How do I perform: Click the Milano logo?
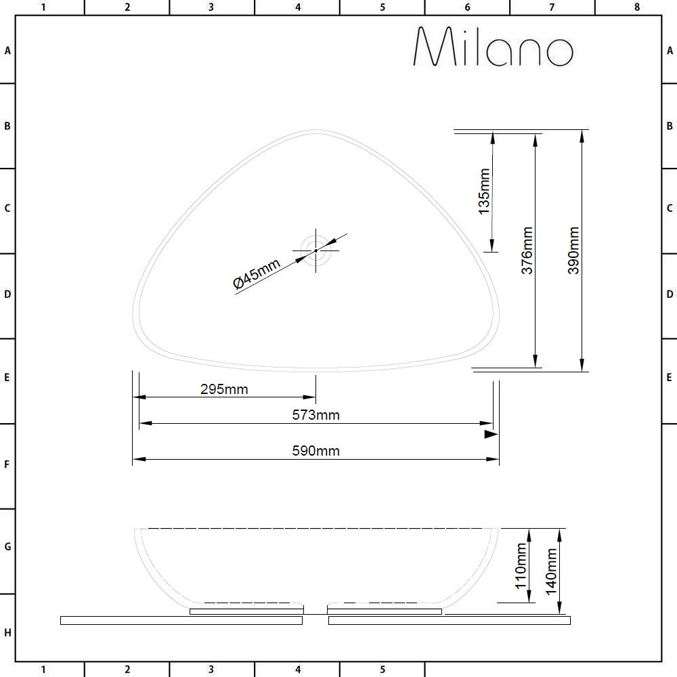point(493,47)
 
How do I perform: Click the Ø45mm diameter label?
point(257,274)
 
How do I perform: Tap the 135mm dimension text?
point(485,192)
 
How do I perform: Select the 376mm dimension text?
point(527,250)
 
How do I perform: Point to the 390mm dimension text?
point(573,250)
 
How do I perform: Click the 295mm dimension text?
point(224,389)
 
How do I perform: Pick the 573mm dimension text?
point(316,415)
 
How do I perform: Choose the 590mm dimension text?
point(316,451)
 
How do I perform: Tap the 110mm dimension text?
point(521,565)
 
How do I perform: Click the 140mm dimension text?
point(551,571)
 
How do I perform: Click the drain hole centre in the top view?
point(315,250)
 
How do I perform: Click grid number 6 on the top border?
point(467,7)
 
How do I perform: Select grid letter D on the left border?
point(7,294)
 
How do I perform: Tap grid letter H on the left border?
point(7,633)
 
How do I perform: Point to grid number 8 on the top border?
point(637,7)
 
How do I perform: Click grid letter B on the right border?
point(670,126)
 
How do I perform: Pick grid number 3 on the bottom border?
point(211,670)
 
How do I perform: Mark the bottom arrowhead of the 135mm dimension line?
point(492,246)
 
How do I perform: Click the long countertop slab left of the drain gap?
point(181,620)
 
